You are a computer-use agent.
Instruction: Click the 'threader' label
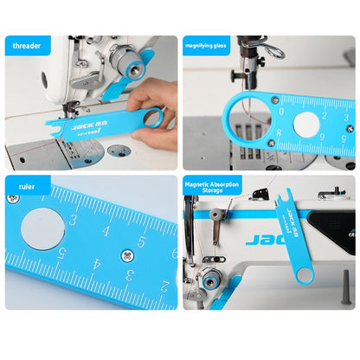click(27, 45)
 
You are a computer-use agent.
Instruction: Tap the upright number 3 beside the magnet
click(73, 220)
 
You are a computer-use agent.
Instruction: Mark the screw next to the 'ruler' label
click(12, 198)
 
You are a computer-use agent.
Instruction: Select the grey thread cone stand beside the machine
click(344, 286)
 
